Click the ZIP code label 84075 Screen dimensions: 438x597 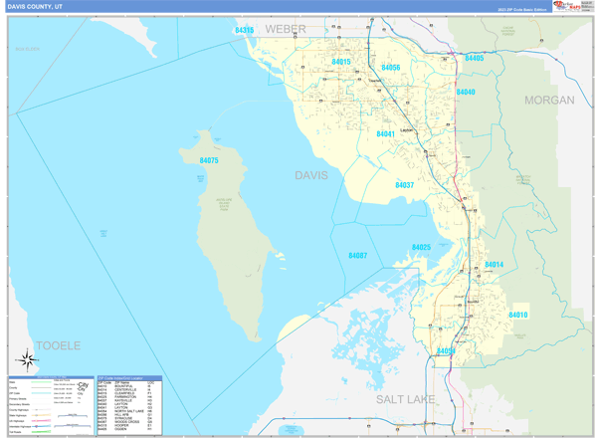tap(209, 160)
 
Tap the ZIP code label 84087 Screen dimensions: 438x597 tap(358, 256)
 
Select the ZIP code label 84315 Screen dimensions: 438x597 tap(245, 31)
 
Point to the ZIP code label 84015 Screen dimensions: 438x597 tap(341, 63)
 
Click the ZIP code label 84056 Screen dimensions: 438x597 tap(390, 68)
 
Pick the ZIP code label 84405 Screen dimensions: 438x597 tap(474, 59)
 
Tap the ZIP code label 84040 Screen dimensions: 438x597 tap(466, 93)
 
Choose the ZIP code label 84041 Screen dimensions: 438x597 tap(386, 133)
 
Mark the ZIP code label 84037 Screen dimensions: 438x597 tap(405, 185)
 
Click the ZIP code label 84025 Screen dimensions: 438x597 tap(421, 247)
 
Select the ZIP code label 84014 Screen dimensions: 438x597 tap(495, 265)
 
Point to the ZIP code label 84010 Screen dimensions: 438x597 tap(517, 315)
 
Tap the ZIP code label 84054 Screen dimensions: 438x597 tap(445, 350)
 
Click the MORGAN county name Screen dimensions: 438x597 tap(549, 101)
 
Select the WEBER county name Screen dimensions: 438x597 tap(286, 31)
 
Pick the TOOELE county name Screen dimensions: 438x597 tap(57, 345)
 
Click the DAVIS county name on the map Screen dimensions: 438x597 tap(310, 175)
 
